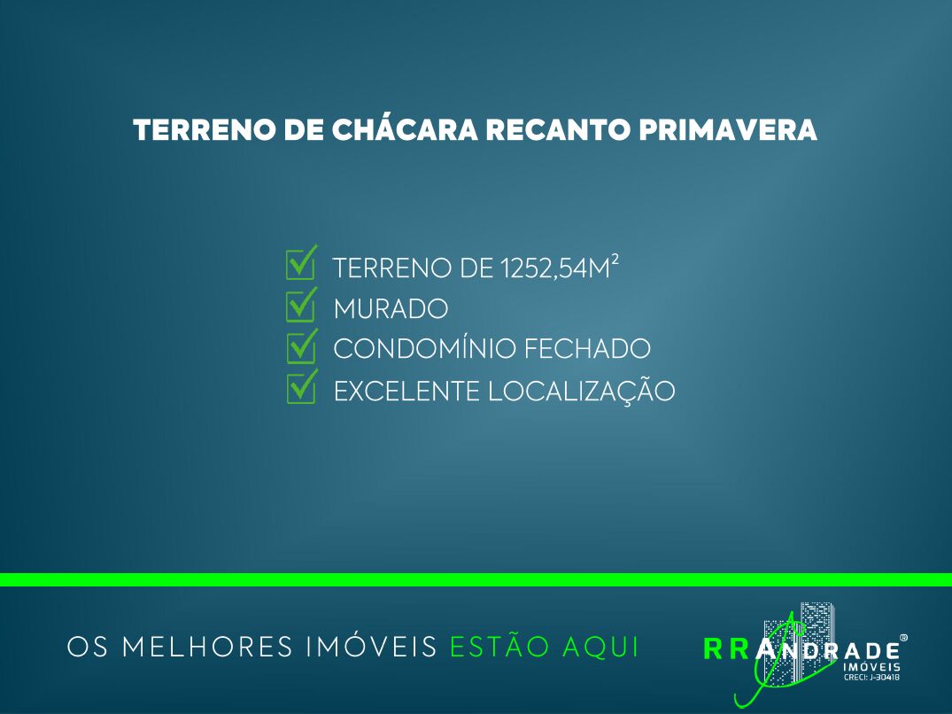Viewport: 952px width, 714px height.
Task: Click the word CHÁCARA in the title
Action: pyautogui.click(x=405, y=128)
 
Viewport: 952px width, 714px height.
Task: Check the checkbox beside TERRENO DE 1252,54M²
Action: pyautogui.click(x=301, y=262)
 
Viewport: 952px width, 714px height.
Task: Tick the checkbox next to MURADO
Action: pyautogui.click(x=301, y=304)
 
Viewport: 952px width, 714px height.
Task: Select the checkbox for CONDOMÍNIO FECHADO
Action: pyautogui.click(x=301, y=346)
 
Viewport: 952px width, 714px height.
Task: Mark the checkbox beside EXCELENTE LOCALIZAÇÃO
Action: pyautogui.click(x=301, y=387)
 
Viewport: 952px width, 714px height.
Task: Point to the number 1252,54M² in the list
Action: pyautogui.click(x=559, y=268)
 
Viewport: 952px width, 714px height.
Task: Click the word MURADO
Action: pyautogui.click(x=391, y=309)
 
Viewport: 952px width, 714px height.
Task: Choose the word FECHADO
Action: pyautogui.click(x=587, y=349)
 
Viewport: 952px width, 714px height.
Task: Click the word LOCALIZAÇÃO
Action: pyautogui.click(x=582, y=391)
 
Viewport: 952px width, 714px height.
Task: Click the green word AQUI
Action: pyautogui.click(x=601, y=647)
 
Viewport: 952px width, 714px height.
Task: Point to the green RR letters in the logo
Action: pyautogui.click(x=726, y=649)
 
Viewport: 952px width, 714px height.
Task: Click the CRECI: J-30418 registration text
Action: pyautogui.click(x=872, y=678)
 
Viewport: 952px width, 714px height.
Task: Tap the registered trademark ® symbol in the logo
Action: pyautogui.click(x=903, y=638)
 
